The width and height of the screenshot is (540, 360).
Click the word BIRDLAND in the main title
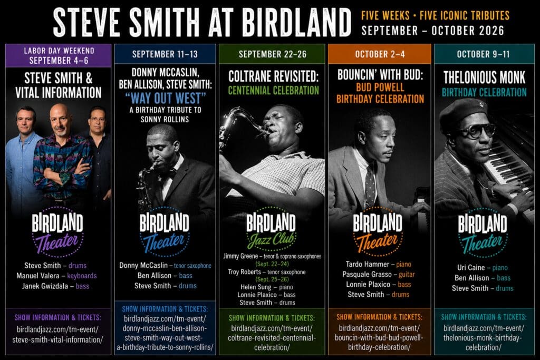click(x=296, y=22)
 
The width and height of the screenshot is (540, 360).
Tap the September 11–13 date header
click(x=165, y=54)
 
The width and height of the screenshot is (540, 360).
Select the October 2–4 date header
click(x=380, y=54)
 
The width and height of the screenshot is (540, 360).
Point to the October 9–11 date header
click(x=483, y=54)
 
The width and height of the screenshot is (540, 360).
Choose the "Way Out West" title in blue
click(x=166, y=99)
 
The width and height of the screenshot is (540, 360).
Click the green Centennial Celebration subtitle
click(x=274, y=91)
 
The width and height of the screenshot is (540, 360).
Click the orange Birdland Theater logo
click(x=378, y=231)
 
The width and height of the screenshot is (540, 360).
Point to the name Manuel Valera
click(x=38, y=276)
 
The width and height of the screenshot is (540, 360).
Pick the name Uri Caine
click(x=471, y=267)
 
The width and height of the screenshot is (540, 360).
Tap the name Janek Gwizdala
click(x=45, y=286)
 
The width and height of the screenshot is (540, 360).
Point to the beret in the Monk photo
click(x=461, y=110)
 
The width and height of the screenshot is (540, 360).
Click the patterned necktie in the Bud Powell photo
click(x=370, y=186)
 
